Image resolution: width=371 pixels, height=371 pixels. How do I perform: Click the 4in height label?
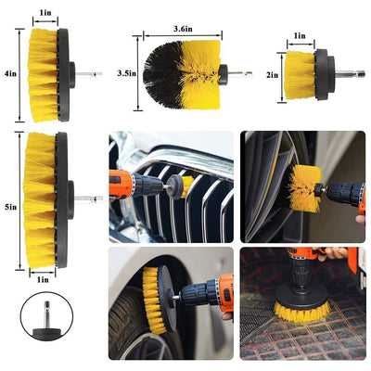click(9, 72)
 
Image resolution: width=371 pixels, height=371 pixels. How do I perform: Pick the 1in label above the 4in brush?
click(45, 13)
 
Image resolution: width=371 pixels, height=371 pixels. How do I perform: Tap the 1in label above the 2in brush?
click(299, 36)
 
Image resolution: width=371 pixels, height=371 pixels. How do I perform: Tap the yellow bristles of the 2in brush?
click(296, 73)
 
